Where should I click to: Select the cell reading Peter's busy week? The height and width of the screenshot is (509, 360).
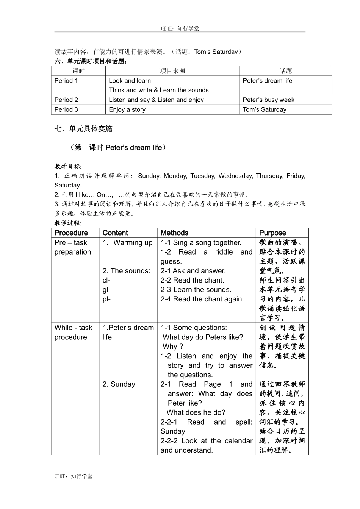pos(268,100)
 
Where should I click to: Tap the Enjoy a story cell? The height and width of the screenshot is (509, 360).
pos(127,109)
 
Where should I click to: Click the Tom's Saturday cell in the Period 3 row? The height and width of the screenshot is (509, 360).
pos(265,109)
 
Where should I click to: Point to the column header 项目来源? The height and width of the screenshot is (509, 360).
pos(172,71)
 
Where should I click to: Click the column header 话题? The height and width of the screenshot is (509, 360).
pos(286,71)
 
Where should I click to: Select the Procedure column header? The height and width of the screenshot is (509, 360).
pos(71,233)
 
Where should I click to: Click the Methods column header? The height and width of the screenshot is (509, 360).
pos(174,233)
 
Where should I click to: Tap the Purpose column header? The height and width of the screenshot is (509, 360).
pos(272,233)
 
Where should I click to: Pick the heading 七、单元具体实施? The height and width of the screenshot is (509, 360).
pos(83,129)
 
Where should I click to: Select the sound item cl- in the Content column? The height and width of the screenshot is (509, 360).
pos(106,280)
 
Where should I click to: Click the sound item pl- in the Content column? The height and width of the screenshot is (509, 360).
pos(106,299)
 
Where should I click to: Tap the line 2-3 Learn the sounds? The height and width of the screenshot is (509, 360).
pos(196,290)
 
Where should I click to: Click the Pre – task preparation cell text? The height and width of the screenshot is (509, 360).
pos(72,247)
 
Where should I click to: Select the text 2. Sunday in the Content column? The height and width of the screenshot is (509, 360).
pos(119,384)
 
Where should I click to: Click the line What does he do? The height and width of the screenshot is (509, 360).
pos(196,412)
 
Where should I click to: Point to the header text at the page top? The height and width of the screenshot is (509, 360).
pos(180,28)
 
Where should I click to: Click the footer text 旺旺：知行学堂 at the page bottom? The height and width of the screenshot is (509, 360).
pos(74,476)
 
